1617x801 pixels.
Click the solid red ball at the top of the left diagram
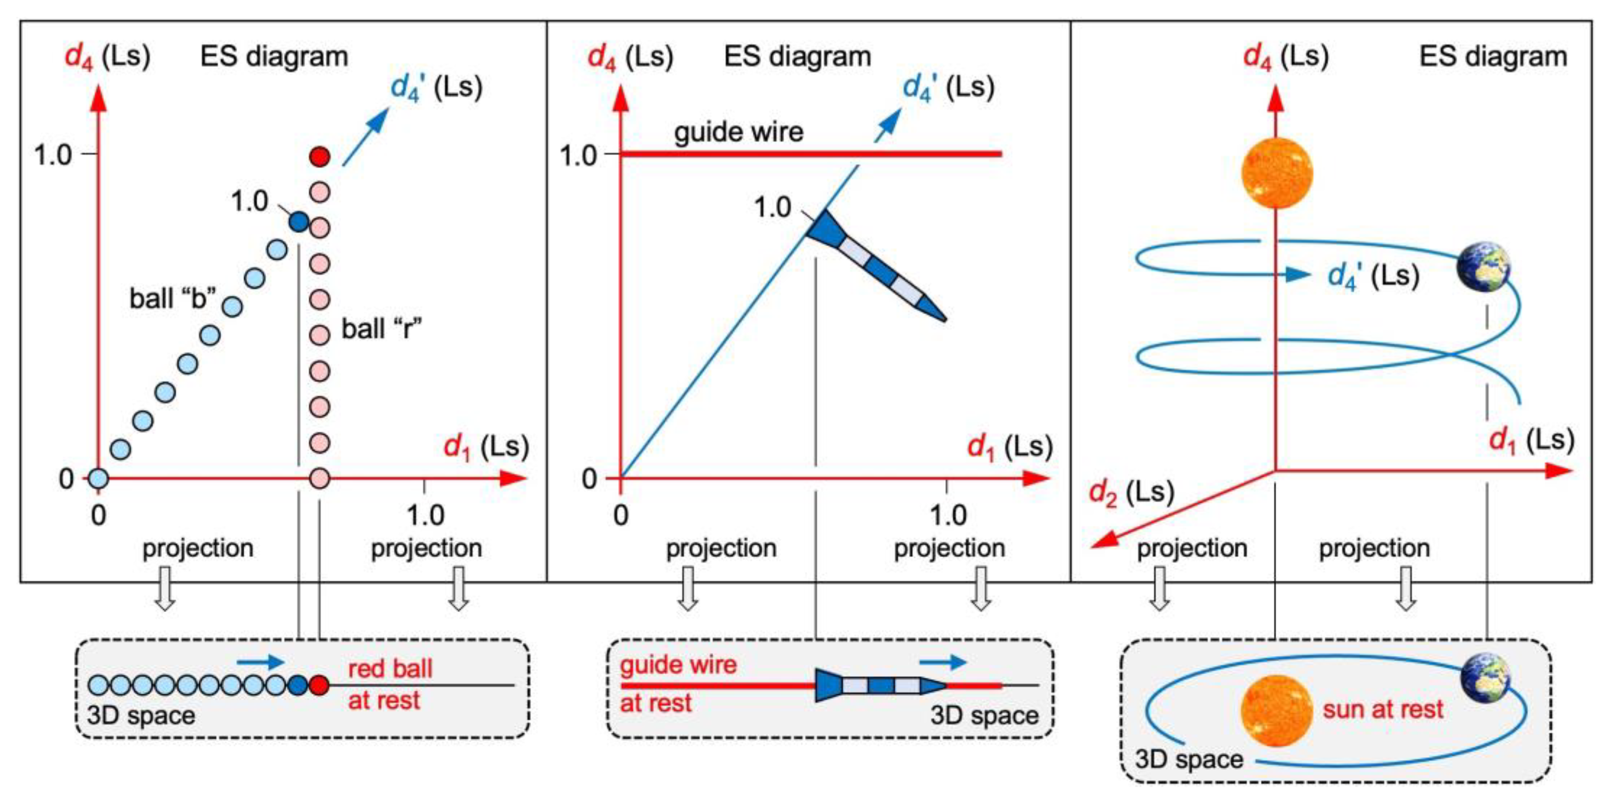pyautogui.click(x=320, y=156)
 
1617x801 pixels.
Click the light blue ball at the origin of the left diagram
pyautogui.click(x=98, y=479)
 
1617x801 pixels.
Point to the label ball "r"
pyautogui.click(x=382, y=328)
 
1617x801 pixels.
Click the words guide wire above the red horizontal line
pyautogui.click(x=738, y=133)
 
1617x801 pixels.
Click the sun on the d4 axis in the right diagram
pyautogui.click(x=1277, y=173)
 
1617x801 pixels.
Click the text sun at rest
pyautogui.click(x=1383, y=709)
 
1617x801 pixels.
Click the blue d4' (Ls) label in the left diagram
pyautogui.click(x=436, y=87)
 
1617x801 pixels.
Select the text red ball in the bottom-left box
pyautogui.click(x=390, y=669)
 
